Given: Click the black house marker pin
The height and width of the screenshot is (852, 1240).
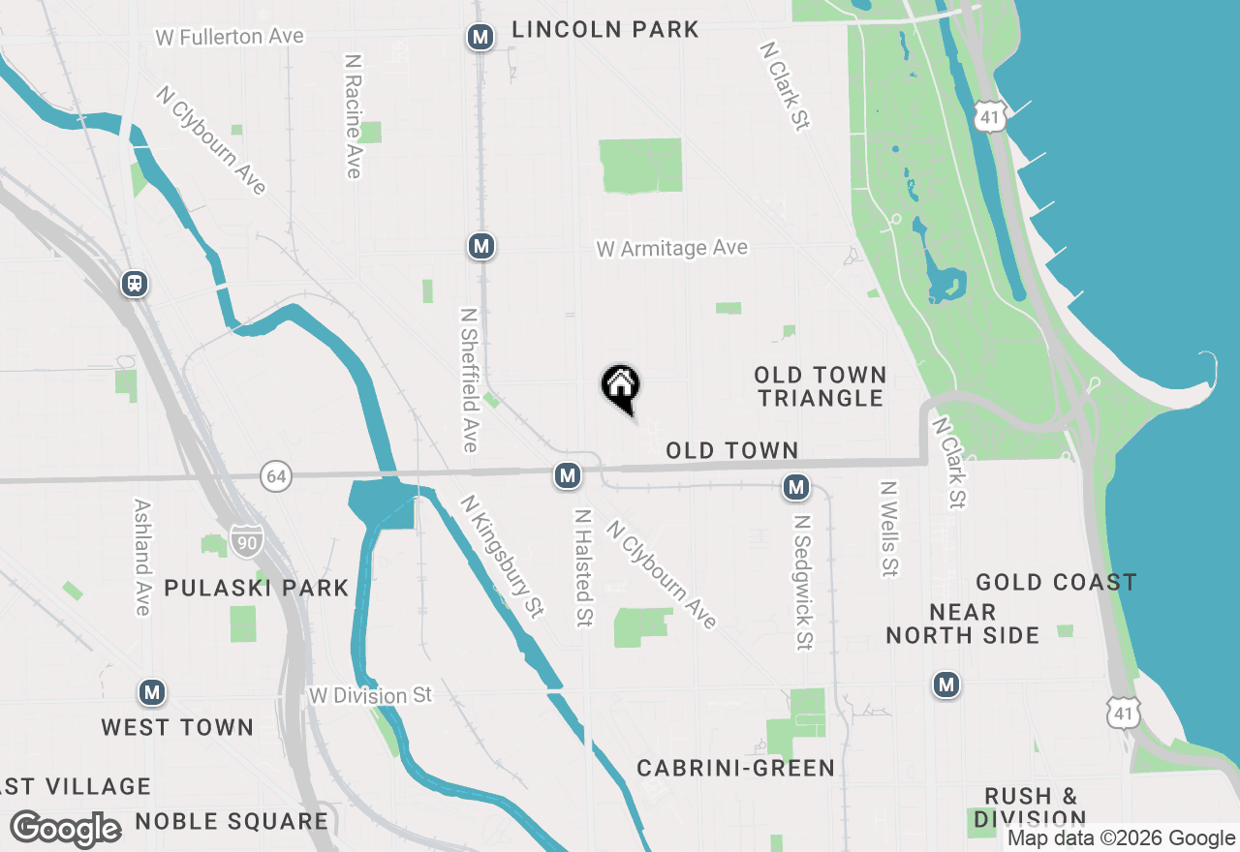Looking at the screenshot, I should tap(621, 387).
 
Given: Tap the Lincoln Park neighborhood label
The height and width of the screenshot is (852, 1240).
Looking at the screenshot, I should tap(604, 30).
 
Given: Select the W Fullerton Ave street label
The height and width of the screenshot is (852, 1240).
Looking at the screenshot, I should tap(230, 37).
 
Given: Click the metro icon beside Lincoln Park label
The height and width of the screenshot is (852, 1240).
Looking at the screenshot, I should tap(480, 38).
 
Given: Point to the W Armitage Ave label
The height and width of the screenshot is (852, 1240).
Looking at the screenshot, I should tap(671, 249).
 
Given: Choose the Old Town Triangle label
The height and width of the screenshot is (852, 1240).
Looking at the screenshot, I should tap(821, 386).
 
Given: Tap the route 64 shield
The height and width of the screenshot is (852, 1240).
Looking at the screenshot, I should tap(276, 475).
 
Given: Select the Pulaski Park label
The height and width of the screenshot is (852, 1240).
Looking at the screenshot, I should tap(256, 588).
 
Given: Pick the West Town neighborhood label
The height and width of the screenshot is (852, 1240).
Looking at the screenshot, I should tap(177, 727).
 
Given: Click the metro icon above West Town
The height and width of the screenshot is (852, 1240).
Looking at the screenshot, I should tap(151, 692).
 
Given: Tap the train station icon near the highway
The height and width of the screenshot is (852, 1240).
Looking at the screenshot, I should tap(135, 284).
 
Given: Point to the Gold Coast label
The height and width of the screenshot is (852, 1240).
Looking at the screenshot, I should tap(1056, 582).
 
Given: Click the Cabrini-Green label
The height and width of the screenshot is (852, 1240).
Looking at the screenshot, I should tap(735, 768).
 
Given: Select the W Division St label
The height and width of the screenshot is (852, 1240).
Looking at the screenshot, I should tap(370, 695).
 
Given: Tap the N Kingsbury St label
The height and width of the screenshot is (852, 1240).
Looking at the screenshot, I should tap(502, 556).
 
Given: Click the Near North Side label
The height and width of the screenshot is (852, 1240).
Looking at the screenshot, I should tap(962, 624).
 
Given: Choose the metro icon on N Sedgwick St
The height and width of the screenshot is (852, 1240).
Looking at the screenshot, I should tap(796, 487).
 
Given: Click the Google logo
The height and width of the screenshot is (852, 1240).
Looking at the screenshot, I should tap(65, 828).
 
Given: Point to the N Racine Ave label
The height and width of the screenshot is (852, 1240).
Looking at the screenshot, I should tap(353, 115).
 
